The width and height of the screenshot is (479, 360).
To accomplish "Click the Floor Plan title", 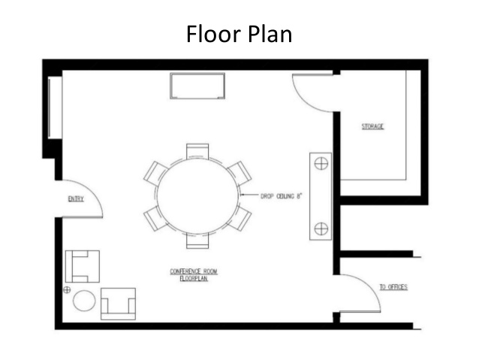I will coord(239,35).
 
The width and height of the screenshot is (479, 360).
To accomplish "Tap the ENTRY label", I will coord(75,199).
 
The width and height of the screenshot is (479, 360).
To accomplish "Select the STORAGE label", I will coord(373,127).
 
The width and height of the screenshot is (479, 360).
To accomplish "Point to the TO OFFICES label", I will coord(393,287).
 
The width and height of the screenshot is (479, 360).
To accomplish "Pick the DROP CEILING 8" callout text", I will coord(279,195).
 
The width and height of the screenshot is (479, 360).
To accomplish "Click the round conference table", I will coord(197,195).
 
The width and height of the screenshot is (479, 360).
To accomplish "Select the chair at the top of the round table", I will coord(198,150).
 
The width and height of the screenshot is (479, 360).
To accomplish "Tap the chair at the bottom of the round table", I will coord(198,241).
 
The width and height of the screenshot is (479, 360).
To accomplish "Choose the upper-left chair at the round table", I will coord(155,172).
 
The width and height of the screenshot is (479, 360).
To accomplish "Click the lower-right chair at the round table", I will coord(240,219).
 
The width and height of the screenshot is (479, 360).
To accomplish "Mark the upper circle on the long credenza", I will coord(321,163).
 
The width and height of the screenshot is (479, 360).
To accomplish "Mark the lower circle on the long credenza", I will coord(321,228).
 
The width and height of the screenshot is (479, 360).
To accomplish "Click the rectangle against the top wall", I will coord(198,86).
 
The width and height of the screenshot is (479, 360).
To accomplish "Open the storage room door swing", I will coord(309,92).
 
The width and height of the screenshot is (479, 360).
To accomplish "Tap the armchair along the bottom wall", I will coord(118,304).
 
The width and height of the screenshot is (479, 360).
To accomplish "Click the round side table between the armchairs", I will coord(83,302).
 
